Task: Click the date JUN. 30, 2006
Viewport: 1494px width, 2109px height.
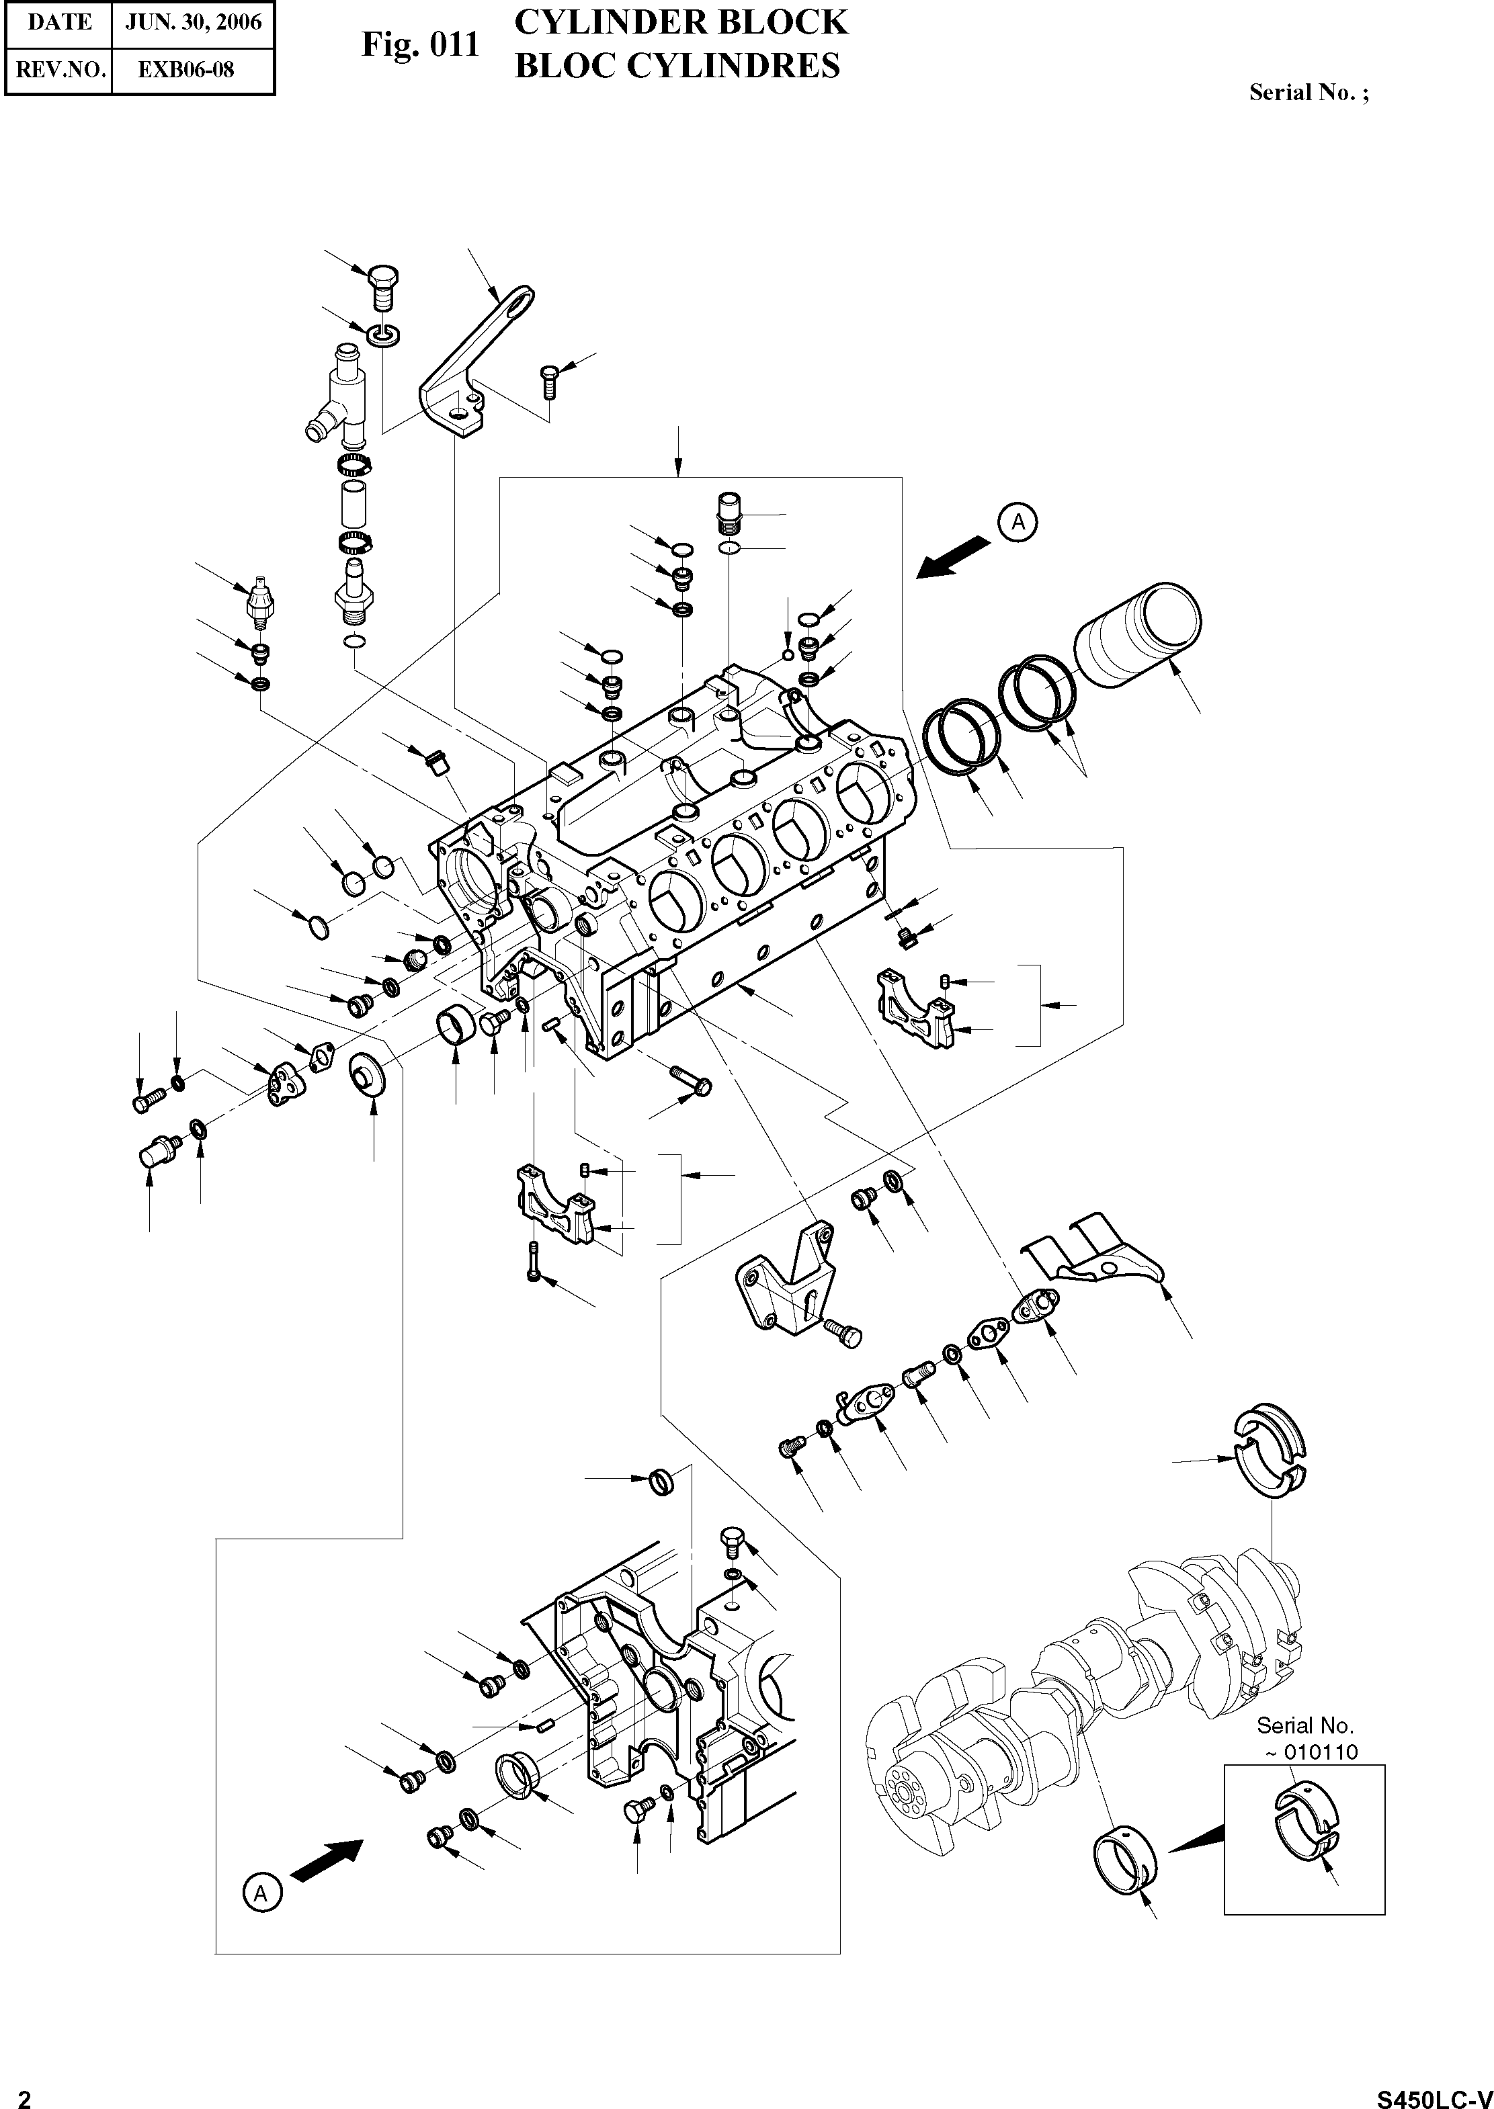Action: (x=193, y=23)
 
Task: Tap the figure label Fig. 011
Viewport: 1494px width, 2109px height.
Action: (x=419, y=44)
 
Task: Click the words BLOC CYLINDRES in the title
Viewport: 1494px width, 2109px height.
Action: (x=676, y=67)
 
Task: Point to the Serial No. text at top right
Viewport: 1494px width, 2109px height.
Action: (x=1307, y=93)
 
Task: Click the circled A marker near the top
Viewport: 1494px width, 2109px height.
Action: (x=1018, y=521)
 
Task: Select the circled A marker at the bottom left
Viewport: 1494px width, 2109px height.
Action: (x=262, y=1893)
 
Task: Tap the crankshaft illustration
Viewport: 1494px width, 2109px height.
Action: (x=1085, y=1692)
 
